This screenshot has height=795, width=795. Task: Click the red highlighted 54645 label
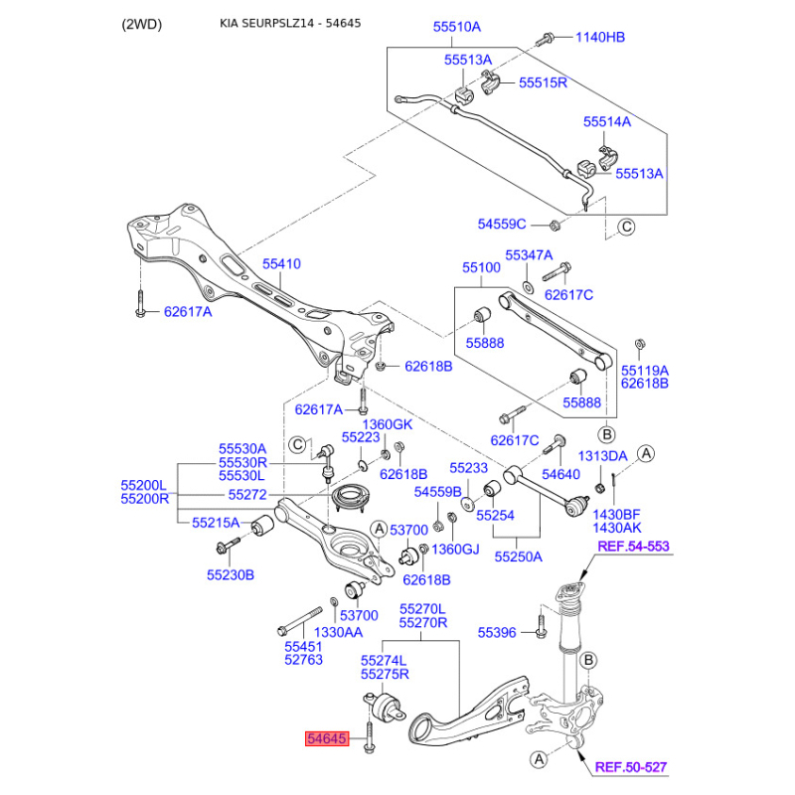point(326,739)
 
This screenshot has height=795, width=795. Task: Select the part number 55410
point(281,264)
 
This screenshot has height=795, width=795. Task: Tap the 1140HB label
point(600,38)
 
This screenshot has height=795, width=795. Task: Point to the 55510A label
point(456,27)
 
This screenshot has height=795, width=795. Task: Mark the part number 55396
point(497,631)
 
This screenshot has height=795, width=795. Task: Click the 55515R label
point(543,82)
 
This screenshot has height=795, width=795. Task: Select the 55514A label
point(606,122)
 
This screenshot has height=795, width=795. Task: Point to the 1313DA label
point(602,455)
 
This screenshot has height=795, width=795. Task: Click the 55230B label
point(230,574)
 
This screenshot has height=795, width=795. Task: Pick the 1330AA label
point(339,631)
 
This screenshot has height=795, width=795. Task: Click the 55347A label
point(528,255)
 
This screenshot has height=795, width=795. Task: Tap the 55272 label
point(247,494)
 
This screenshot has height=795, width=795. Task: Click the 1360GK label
point(386,424)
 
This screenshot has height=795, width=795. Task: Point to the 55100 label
point(481,268)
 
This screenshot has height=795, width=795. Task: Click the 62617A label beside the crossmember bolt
point(187,311)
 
